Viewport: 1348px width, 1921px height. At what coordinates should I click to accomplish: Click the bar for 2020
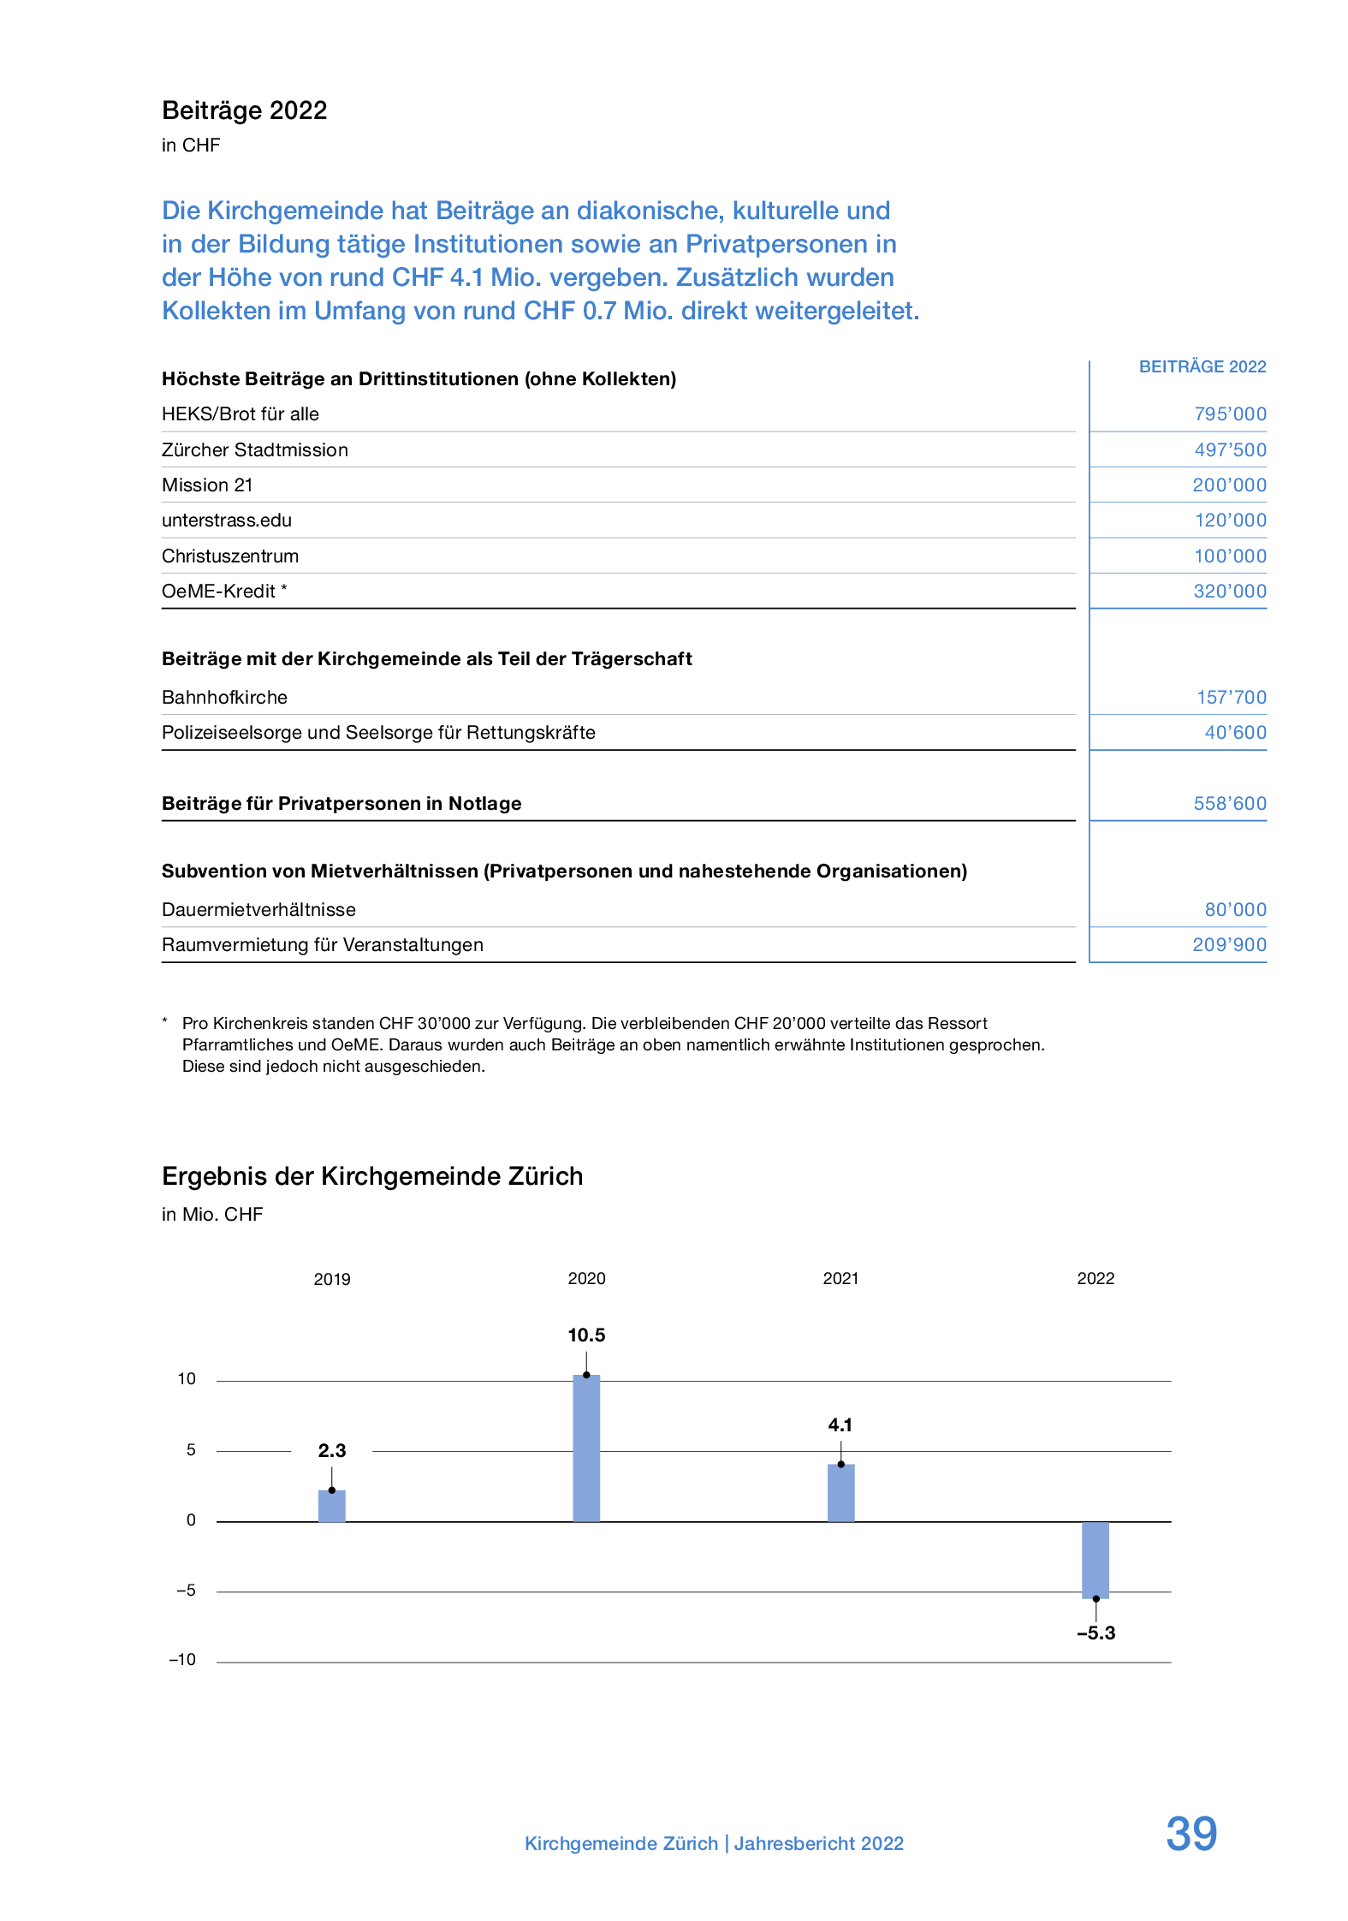point(586,1448)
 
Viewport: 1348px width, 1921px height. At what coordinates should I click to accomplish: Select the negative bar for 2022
point(1095,1560)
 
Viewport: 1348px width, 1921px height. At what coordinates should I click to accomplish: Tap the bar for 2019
point(332,1506)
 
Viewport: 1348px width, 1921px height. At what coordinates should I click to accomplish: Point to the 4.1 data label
point(840,1424)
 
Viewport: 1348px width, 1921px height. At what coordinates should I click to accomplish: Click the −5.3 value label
point(1096,1633)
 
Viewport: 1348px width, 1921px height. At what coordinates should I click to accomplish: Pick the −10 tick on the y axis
point(182,1659)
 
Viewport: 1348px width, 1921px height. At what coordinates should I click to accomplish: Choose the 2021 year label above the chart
point(840,1278)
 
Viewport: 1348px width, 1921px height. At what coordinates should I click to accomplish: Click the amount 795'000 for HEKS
point(1230,414)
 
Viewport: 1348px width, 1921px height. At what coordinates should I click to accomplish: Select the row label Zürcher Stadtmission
point(255,450)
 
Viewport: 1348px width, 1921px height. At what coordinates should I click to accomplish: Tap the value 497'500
point(1230,450)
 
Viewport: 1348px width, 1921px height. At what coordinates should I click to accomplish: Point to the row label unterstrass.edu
point(227,520)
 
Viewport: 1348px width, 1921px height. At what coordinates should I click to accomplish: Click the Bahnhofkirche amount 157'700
point(1231,698)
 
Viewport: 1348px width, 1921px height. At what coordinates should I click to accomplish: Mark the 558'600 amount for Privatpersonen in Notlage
point(1230,804)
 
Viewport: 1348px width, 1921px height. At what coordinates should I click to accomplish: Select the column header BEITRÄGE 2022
point(1202,366)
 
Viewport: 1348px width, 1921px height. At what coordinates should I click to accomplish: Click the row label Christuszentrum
point(230,556)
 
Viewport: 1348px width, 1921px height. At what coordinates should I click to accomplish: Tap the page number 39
point(1191,1834)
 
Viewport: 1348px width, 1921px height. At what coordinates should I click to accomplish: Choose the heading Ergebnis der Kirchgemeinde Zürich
point(372,1176)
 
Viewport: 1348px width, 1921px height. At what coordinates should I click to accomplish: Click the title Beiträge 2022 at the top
point(245,110)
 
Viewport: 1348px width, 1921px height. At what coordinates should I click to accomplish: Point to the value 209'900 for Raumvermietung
point(1229,945)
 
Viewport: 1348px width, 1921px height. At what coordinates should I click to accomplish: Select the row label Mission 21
point(207,485)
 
